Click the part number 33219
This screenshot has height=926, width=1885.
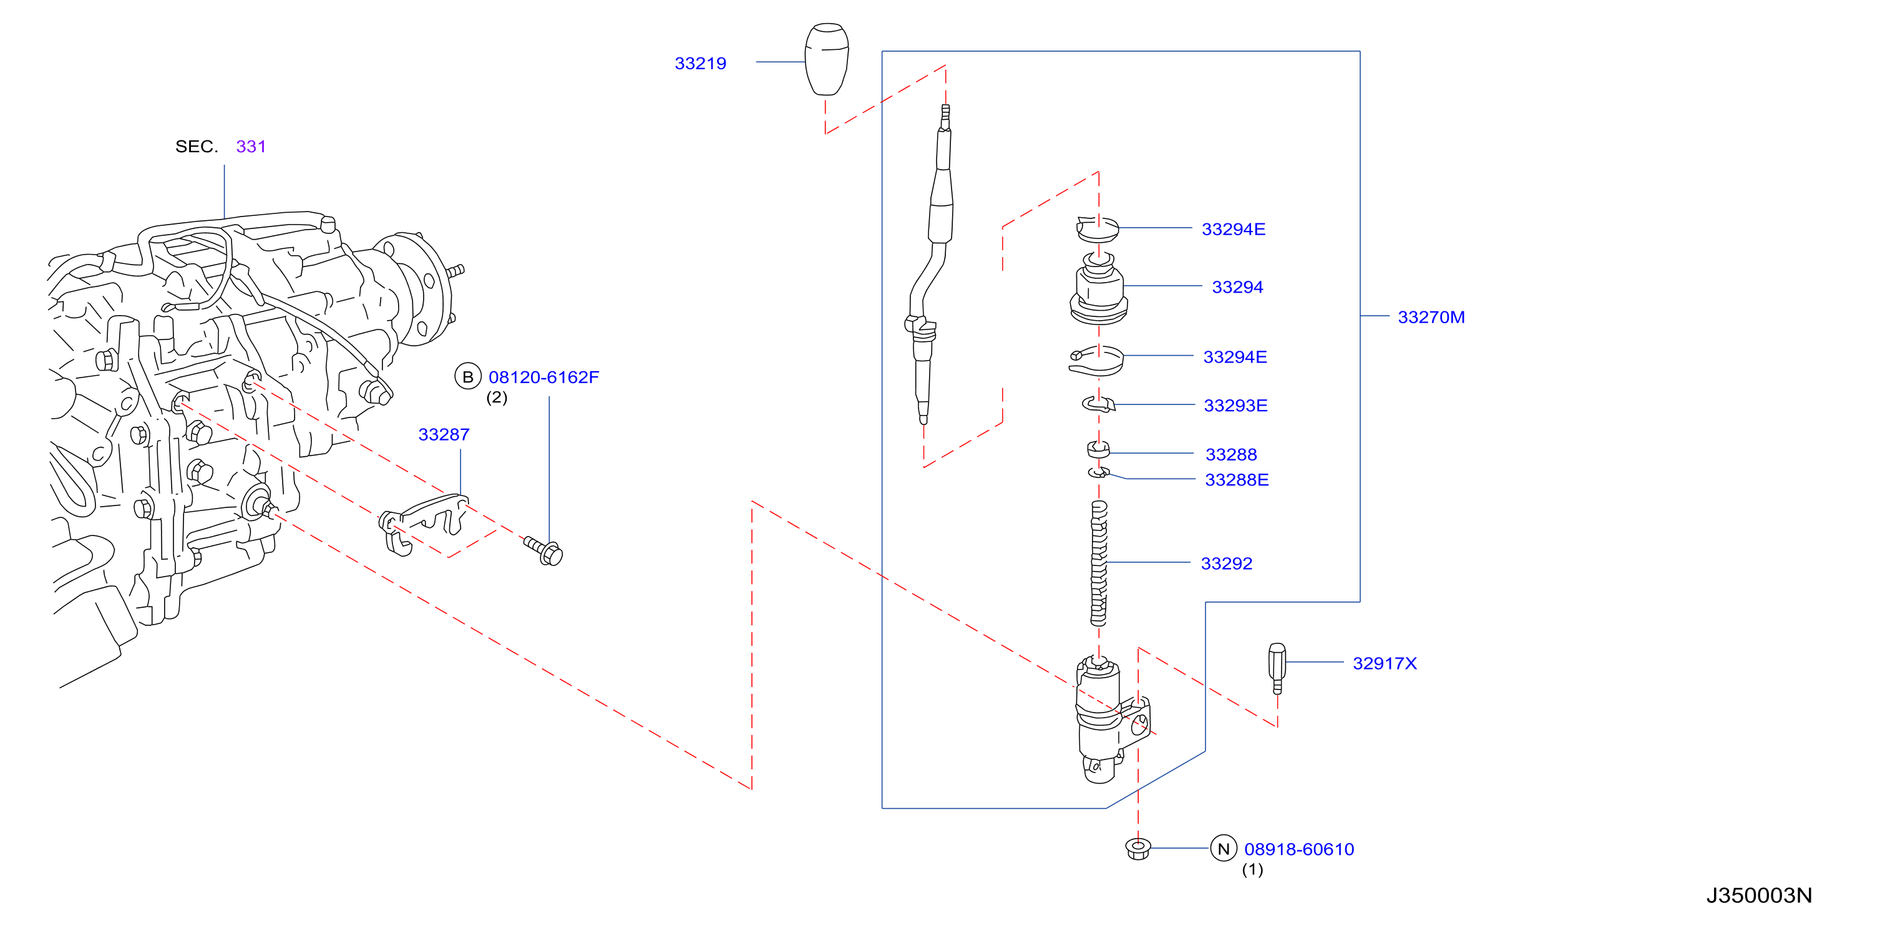coord(700,64)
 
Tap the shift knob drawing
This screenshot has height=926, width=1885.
coord(827,59)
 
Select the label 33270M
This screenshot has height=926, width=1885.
coord(1431,318)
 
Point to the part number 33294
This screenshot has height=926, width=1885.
coord(1237,287)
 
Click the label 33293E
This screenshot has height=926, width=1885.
coord(1236,406)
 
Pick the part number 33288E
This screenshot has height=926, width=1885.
coord(1237,480)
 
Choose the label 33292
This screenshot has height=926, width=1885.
coord(1227,563)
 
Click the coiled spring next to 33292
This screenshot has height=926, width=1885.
coord(1098,563)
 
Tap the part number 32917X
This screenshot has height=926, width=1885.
coord(1385,664)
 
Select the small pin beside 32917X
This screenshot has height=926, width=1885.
coord(1277,668)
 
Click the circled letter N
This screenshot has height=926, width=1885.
coord(1224,849)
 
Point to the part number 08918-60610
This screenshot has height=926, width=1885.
coord(1299,850)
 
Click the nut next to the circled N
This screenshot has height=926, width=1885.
coord(1138,849)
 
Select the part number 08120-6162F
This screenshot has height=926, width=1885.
coord(543,378)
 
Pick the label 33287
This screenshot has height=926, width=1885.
coord(444,435)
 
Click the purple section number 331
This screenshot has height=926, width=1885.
coord(251,147)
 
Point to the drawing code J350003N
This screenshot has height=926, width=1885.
coord(1759,896)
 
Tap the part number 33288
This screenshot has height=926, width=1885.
coord(1231,455)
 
